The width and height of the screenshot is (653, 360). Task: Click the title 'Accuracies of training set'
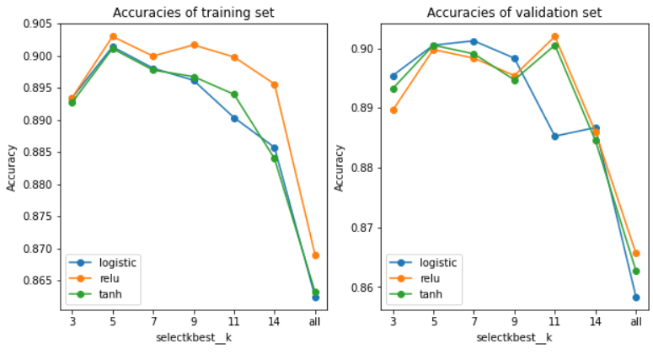(193, 13)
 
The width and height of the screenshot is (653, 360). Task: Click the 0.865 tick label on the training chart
(36, 280)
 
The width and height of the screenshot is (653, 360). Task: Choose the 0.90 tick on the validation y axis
(368, 49)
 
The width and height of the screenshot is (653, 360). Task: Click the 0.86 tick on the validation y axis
(368, 287)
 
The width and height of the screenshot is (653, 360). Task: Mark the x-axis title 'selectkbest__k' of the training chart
(193, 339)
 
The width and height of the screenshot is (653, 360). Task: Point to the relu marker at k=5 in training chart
(112, 36)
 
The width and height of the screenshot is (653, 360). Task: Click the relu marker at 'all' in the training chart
(315, 255)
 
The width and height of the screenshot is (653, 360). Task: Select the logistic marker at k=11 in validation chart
(555, 137)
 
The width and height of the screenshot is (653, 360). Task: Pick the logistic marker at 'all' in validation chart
(636, 298)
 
